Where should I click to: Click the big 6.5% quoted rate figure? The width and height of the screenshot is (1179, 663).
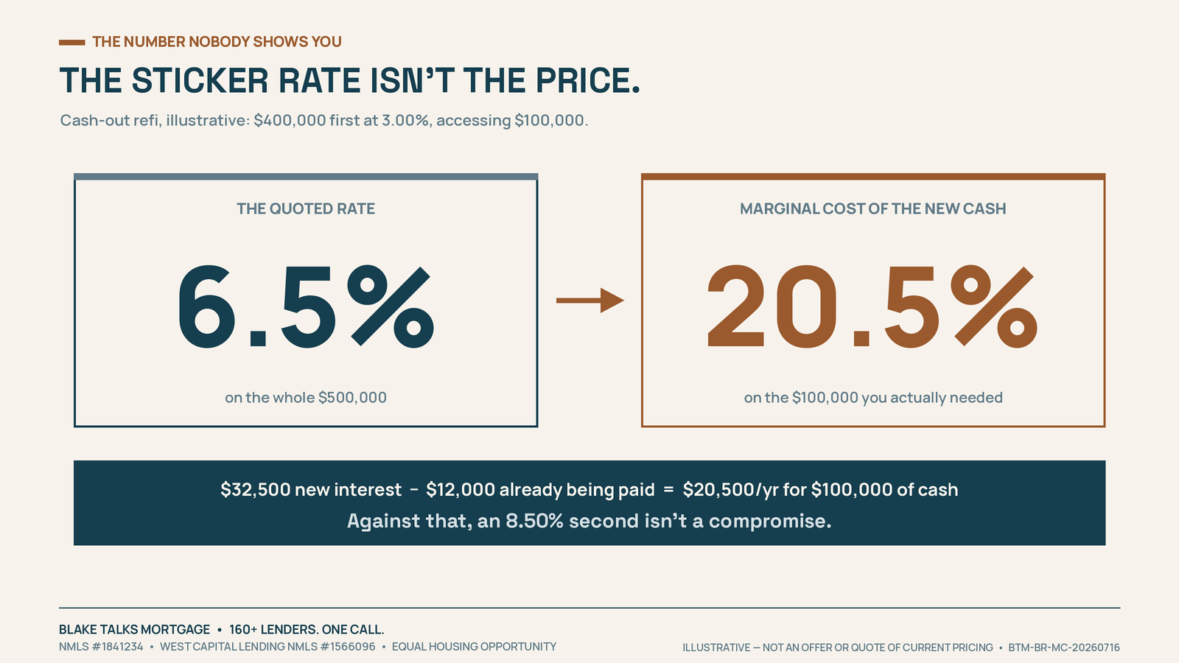click(x=306, y=306)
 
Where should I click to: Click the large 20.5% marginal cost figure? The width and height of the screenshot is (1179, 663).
click(x=872, y=306)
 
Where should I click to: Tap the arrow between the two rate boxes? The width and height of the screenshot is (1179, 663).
click(x=590, y=301)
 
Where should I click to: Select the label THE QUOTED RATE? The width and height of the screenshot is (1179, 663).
click(x=306, y=209)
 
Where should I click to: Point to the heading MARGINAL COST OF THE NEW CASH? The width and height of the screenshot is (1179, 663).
click(x=872, y=209)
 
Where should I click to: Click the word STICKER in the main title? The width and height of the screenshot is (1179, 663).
click(x=200, y=80)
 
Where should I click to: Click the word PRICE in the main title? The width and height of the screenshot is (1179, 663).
click(x=587, y=80)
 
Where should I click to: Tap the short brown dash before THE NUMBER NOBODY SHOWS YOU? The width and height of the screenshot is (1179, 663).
click(x=71, y=42)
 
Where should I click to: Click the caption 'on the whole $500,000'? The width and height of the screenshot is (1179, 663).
click(x=306, y=397)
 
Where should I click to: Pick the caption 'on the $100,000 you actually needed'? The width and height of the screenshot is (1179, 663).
click(x=873, y=397)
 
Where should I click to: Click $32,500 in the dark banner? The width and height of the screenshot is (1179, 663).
click(x=256, y=489)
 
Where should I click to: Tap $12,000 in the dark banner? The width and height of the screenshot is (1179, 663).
click(x=461, y=489)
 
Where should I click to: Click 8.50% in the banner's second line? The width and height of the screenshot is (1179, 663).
click(x=534, y=521)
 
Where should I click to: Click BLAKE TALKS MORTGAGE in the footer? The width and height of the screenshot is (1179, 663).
click(x=134, y=629)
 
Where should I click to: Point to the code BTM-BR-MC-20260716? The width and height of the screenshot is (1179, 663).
click(x=1064, y=648)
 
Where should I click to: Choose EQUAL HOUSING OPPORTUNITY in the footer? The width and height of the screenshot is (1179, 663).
click(x=475, y=647)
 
